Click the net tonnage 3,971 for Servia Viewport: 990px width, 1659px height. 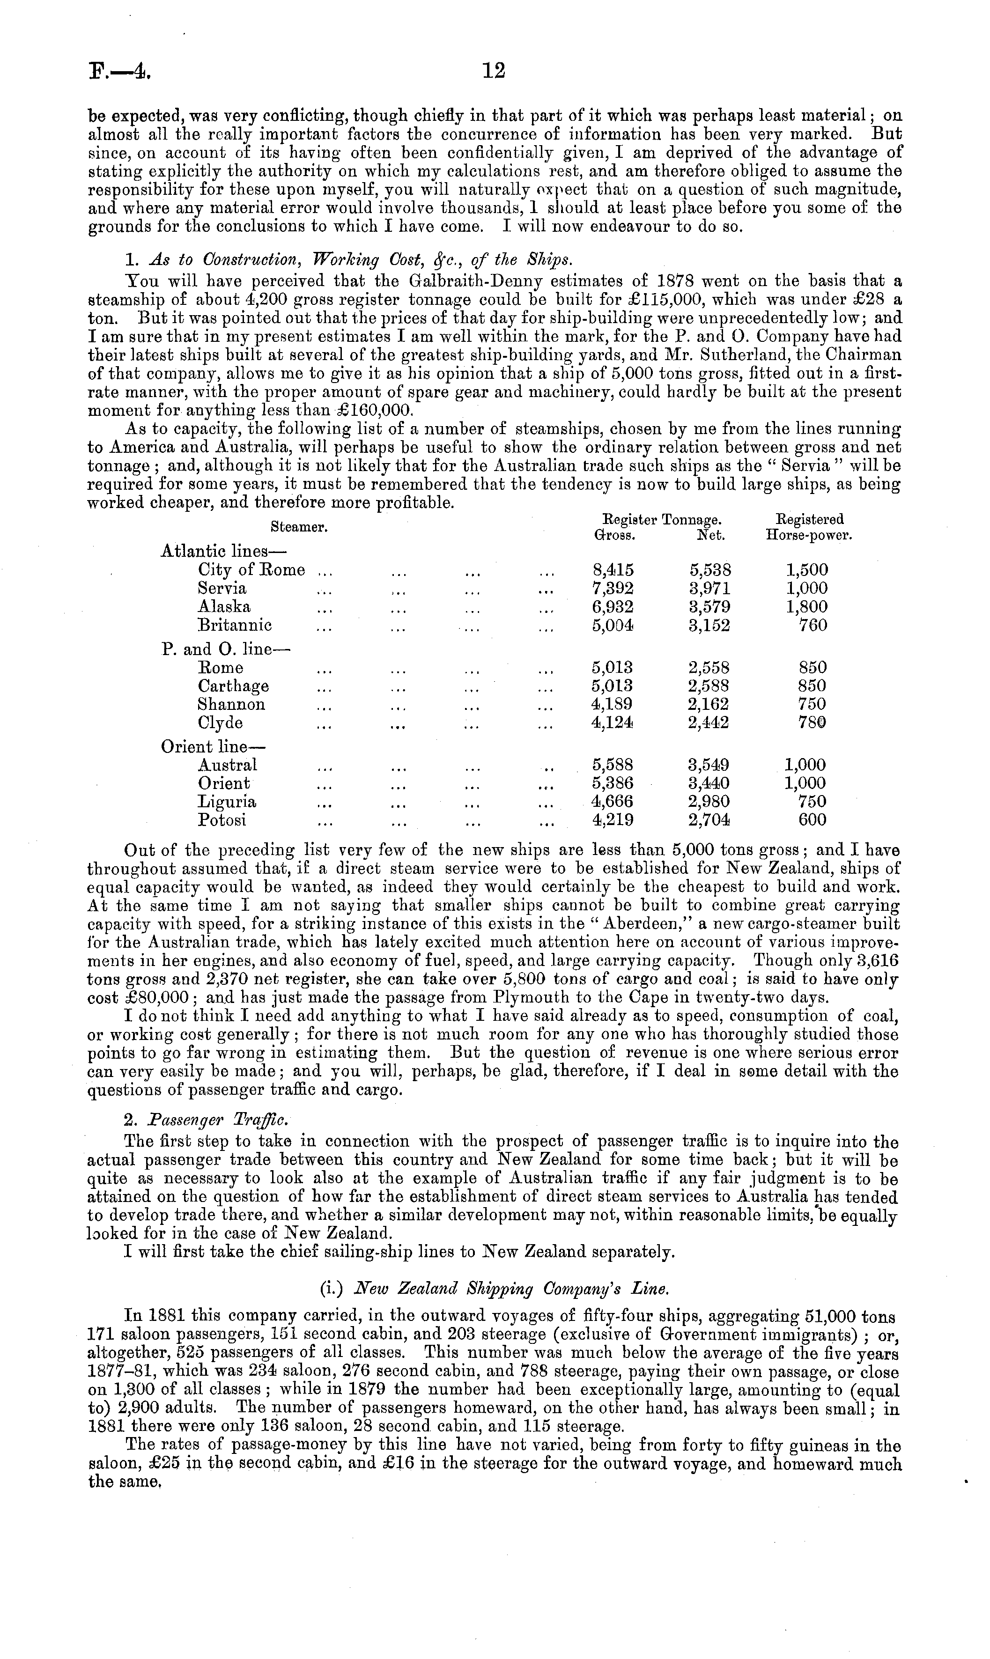click(710, 589)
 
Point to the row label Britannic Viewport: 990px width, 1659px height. click(235, 626)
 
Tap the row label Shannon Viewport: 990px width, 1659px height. click(231, 704)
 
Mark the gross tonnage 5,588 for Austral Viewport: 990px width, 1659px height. click(613, 765)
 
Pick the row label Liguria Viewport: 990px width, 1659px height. click(227, 802)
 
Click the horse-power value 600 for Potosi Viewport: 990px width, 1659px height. click(812, 820)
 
